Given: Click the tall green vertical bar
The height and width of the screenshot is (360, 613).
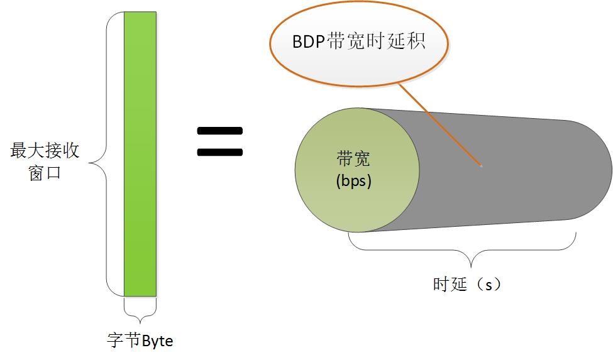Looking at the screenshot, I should (140, 154).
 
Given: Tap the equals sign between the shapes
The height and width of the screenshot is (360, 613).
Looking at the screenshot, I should (219, 141).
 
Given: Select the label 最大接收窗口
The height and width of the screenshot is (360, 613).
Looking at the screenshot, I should (45, 161).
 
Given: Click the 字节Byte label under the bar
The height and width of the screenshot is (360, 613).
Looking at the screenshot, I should (140, 341).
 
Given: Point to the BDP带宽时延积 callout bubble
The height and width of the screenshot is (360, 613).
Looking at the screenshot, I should (359, 42).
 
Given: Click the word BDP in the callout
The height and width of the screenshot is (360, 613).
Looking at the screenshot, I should (306, 42).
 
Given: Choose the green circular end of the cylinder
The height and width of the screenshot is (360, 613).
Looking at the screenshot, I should (356, 169).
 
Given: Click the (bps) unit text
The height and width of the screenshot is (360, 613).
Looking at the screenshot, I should (354, 182).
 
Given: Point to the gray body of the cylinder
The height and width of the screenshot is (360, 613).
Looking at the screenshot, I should (497, 166).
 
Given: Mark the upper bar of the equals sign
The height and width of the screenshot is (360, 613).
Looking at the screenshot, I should (219, 131).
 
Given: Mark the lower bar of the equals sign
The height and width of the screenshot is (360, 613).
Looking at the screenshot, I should (219, 151).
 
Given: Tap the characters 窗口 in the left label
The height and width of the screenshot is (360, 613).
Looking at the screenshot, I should (45, 173).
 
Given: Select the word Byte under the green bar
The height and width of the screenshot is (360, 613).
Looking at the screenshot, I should (157, 341).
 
